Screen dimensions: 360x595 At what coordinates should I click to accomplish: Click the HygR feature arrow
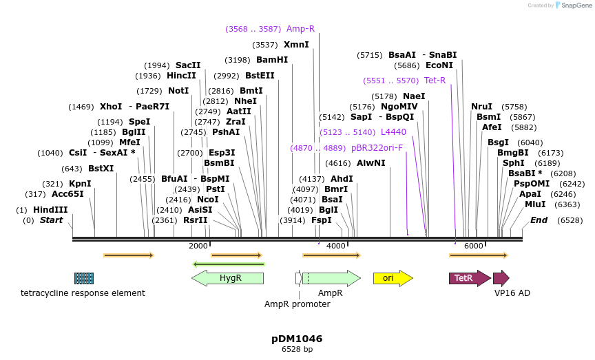[227, 278]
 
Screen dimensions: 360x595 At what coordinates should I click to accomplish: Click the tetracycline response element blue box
[84, 278]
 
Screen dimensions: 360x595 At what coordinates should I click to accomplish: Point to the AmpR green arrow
[331, 278]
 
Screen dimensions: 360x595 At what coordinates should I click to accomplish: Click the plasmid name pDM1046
[297, 339]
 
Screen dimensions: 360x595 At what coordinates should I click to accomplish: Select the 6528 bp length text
[297, 350]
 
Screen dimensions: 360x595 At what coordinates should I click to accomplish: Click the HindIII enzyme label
[50, 210]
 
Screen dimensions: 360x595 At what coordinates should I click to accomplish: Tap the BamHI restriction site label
[272, 60]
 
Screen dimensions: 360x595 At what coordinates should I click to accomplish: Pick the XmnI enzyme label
[296, 45]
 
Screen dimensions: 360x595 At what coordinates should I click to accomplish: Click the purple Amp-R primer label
[300, 29]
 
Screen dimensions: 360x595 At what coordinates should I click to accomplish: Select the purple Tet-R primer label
[435, 81]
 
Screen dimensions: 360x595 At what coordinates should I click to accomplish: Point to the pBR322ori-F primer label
[377, 147]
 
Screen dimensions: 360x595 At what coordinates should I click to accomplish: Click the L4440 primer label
[393, 131]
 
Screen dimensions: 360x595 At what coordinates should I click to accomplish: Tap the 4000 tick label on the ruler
[335, 246]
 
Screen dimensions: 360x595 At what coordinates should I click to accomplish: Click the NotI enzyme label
[178, 91]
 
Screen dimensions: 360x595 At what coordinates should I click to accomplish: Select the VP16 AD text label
[512, 293]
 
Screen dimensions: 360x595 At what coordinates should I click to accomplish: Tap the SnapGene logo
[574, 6]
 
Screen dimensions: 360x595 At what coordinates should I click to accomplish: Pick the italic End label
[539, 220]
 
